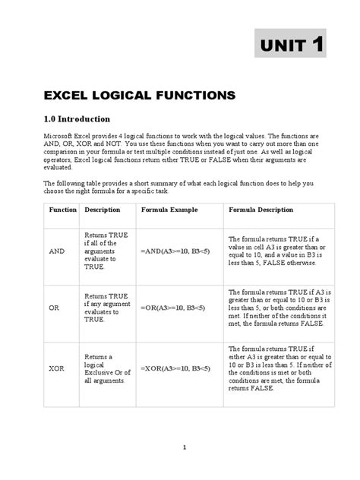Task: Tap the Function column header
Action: click(x=63, y=209)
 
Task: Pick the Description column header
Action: click(x=103, y=209)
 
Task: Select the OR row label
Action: click(x=55, y=308)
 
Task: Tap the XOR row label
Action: click(x=57, y=368)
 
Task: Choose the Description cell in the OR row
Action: click(x=106, y=308)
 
